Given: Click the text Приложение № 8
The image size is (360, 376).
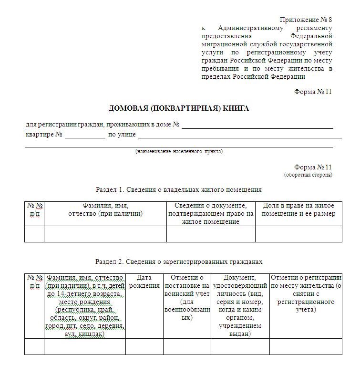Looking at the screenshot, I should click(x=305, y=20).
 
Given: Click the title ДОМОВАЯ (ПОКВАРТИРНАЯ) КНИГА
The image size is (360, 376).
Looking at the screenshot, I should click(x=179, y=108).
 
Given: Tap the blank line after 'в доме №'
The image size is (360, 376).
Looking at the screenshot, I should click(x=257, y=126).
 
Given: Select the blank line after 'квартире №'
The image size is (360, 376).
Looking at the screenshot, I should click(x=85, y=135).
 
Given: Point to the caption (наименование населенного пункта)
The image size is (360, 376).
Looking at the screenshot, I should click(x=179, y=151).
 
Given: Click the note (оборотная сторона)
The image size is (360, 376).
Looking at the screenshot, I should click(x=308, y=175).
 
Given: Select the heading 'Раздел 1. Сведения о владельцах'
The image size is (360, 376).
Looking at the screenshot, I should click(x=179, y=189).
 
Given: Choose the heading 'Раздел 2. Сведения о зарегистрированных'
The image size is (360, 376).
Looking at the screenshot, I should click(x=179, y=262).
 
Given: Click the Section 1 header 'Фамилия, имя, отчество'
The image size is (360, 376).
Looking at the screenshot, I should click(x=105, y=209).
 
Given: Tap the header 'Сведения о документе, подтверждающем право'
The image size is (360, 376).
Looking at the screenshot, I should click(x=211, y=213).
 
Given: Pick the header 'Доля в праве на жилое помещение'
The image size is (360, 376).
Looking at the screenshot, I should click(x=298, y=209).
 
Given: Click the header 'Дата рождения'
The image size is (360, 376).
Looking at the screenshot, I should click(x=144, y=282).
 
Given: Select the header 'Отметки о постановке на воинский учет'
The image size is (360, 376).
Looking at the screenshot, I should click(x=186, y=297).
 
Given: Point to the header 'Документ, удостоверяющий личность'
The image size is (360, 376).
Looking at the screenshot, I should click(x=240, y=305).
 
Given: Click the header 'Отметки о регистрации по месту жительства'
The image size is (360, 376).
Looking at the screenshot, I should click(x=306, y=293).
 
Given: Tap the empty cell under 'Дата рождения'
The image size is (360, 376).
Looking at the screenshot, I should click(x=144, y=346).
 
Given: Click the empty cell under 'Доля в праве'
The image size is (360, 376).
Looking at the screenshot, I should click(x=298, y=234).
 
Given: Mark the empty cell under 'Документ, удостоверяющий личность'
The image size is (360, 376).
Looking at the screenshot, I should click(x=240, y=346).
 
